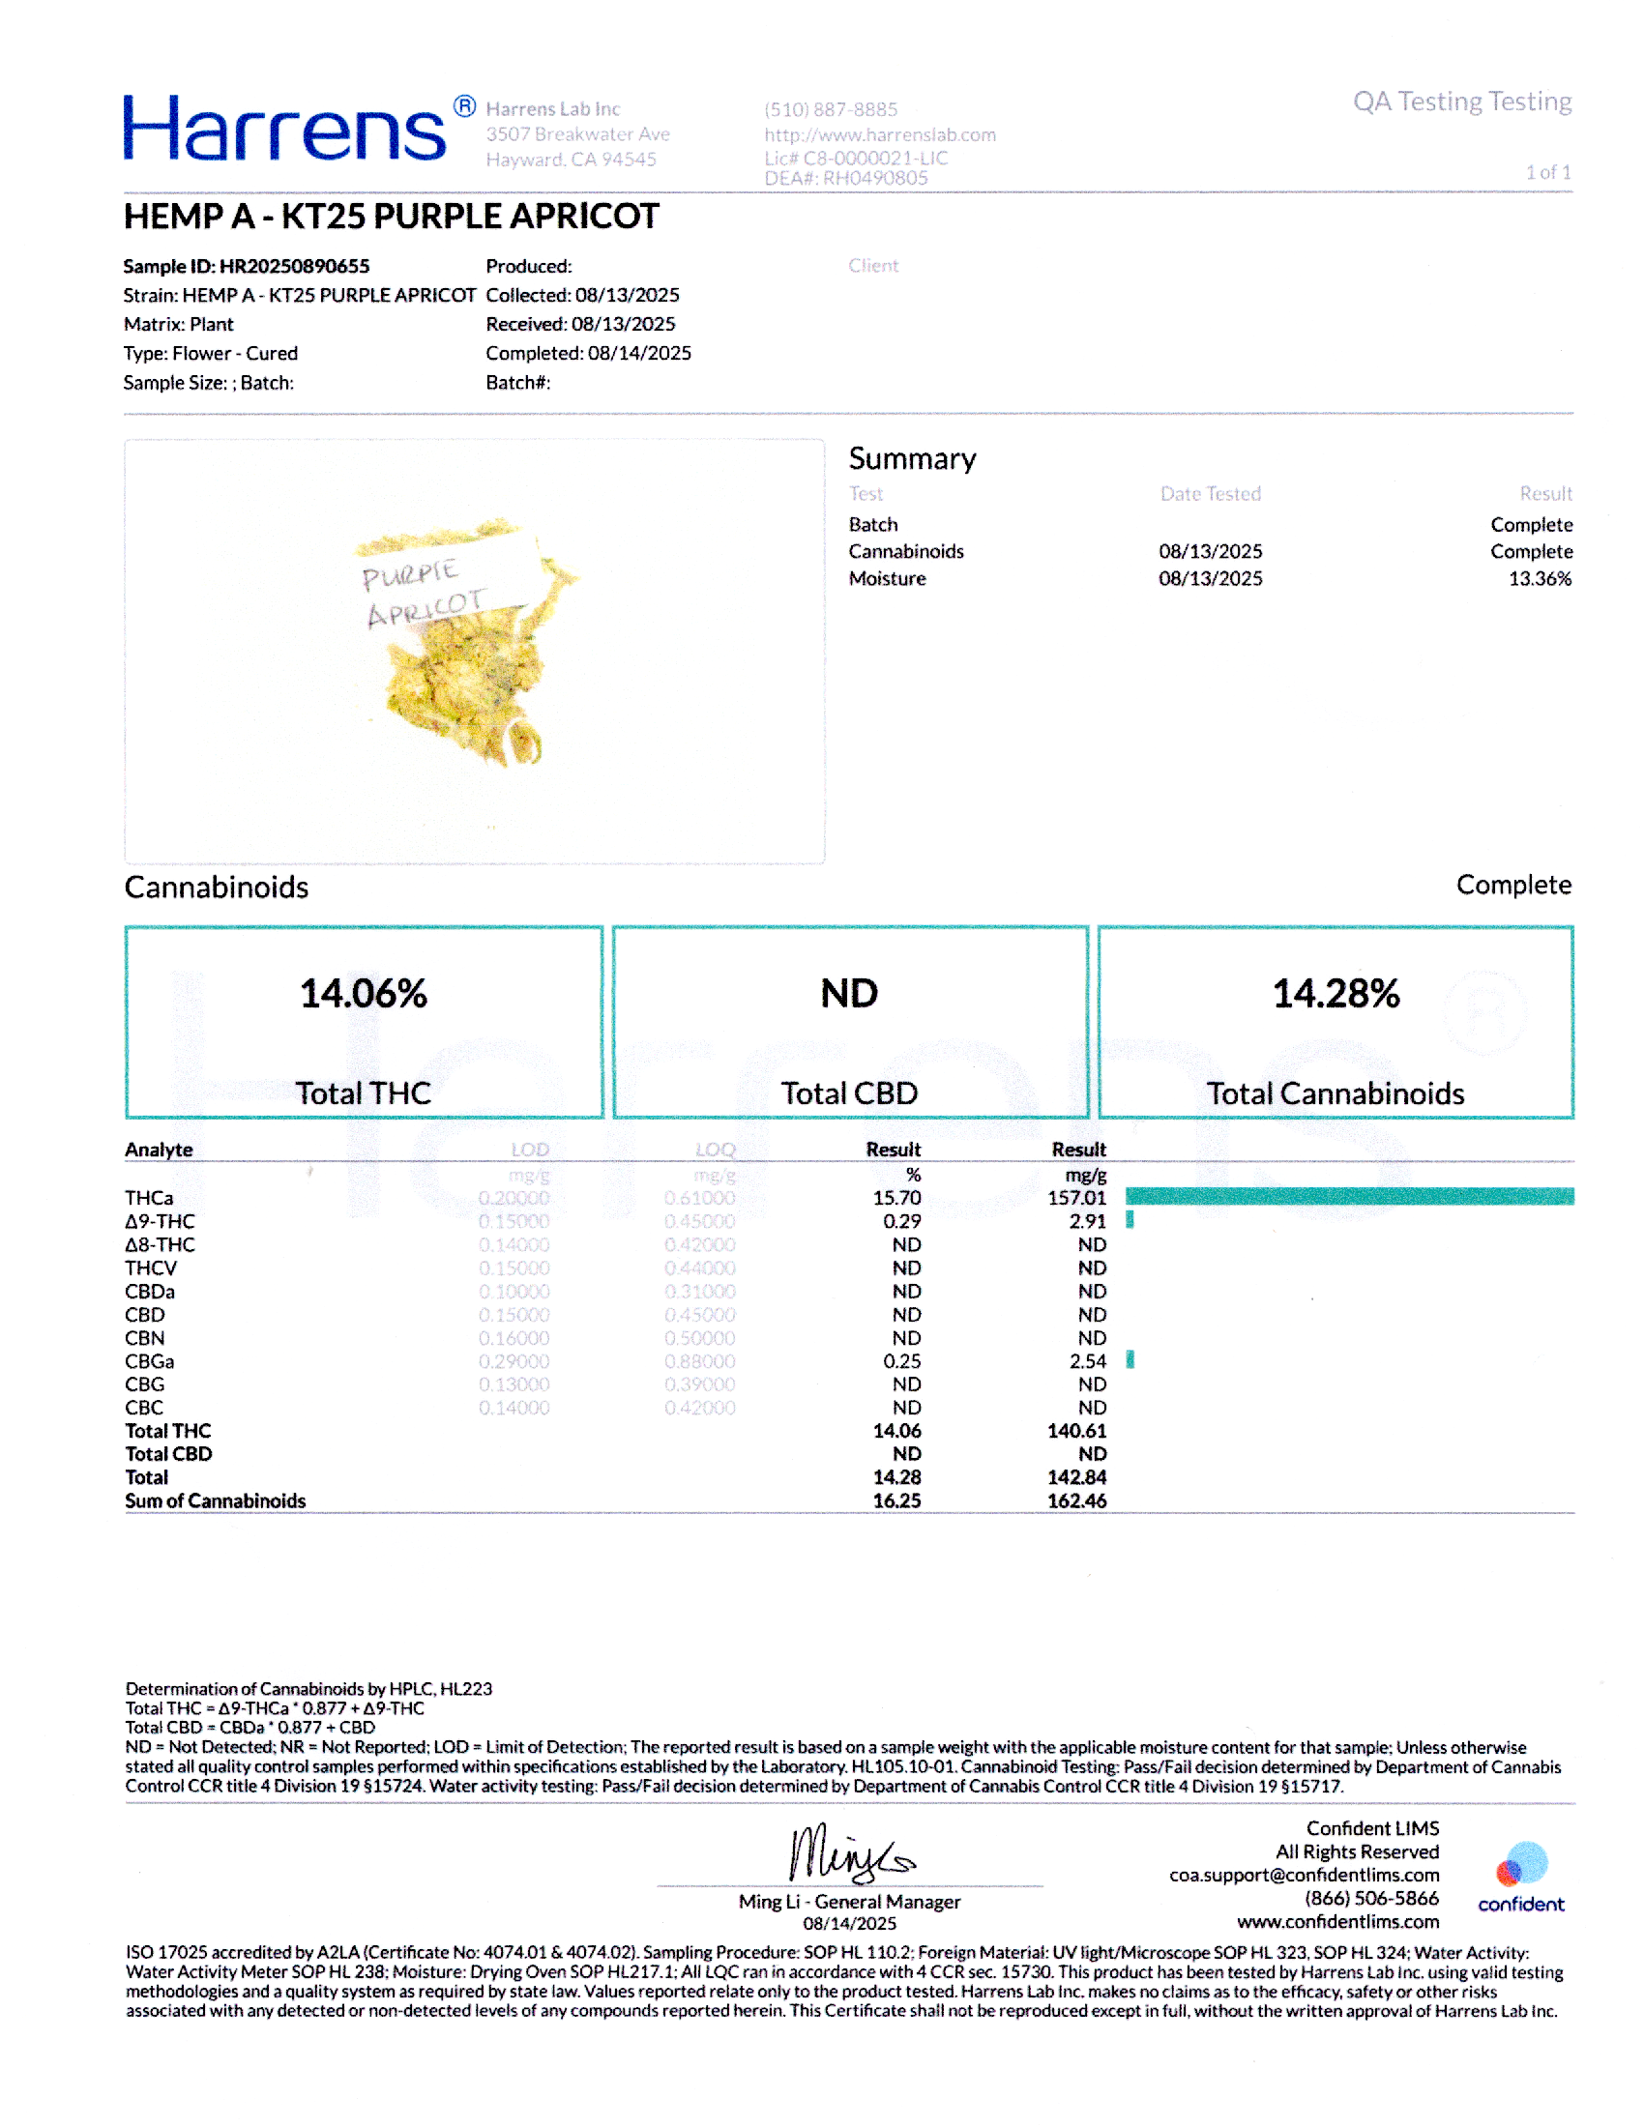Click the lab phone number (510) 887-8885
[830, 109]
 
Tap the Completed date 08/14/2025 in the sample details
[639, 353]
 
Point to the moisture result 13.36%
[1539, 578]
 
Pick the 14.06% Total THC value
[364, 993]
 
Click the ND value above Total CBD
[849, 993]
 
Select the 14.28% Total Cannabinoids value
[1336, 993]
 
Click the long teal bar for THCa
[1349, 1197]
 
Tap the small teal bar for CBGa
[1130, 1360]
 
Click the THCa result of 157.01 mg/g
[1076, 1198]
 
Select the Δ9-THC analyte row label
[160, 1221]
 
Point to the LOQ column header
[715, 1150]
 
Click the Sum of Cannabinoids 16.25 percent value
[896, 1501]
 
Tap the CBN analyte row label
[144, 1338]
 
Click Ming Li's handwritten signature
[849, 1852]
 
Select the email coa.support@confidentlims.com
[1304, 1875]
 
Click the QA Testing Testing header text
[1461, 102]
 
